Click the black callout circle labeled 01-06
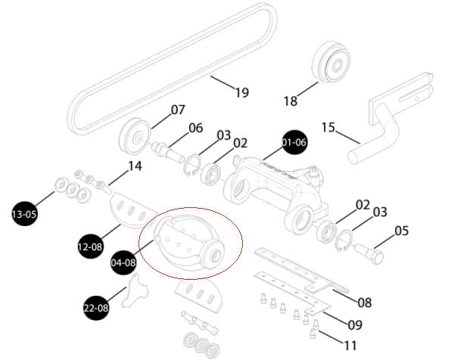[294, 142]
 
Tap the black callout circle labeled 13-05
[25, 214]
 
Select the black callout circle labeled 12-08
[90, 247]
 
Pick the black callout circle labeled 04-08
[123, 262]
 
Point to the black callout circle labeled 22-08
[96, 308]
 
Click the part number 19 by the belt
[242, 92]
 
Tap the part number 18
[291, 101]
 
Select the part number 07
[178, 110]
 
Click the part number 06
[196, 128]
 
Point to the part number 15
[328, 127]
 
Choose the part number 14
[135, 166]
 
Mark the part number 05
[402, 231]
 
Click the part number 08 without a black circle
[365, 303]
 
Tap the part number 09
[355, 325]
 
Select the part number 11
[350, 345]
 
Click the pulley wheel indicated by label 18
[331, 64]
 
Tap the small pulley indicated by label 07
[135, 137]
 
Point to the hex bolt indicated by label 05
[369, 253]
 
